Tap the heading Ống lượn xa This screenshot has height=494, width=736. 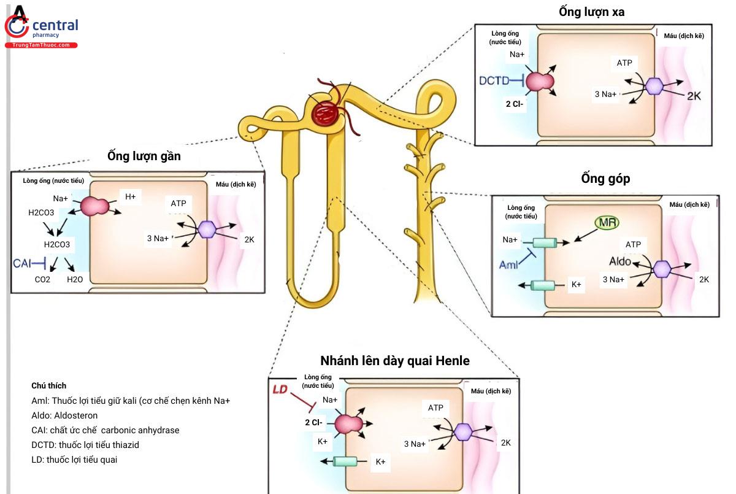(x=591, y=12)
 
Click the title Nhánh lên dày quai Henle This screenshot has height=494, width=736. (x=394, y=361)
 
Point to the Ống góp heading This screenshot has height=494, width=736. (x=605, y=179)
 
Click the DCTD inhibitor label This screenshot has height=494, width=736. (x=494, y=80)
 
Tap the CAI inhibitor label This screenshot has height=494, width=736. (x=22, y=264)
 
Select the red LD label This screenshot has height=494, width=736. (x=280, y=390)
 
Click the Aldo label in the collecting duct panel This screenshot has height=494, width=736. (x=620, y=261)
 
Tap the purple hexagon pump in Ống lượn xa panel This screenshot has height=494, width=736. (x=656, y=86)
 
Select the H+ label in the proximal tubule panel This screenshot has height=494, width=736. (x=130, y=197)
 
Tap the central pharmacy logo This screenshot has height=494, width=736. (x=41, y=28)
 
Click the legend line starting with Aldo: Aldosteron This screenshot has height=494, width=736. (x=64, y=415)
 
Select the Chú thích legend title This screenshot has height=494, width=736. (x=48, y=385)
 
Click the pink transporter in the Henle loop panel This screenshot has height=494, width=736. (x=348, y=423)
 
